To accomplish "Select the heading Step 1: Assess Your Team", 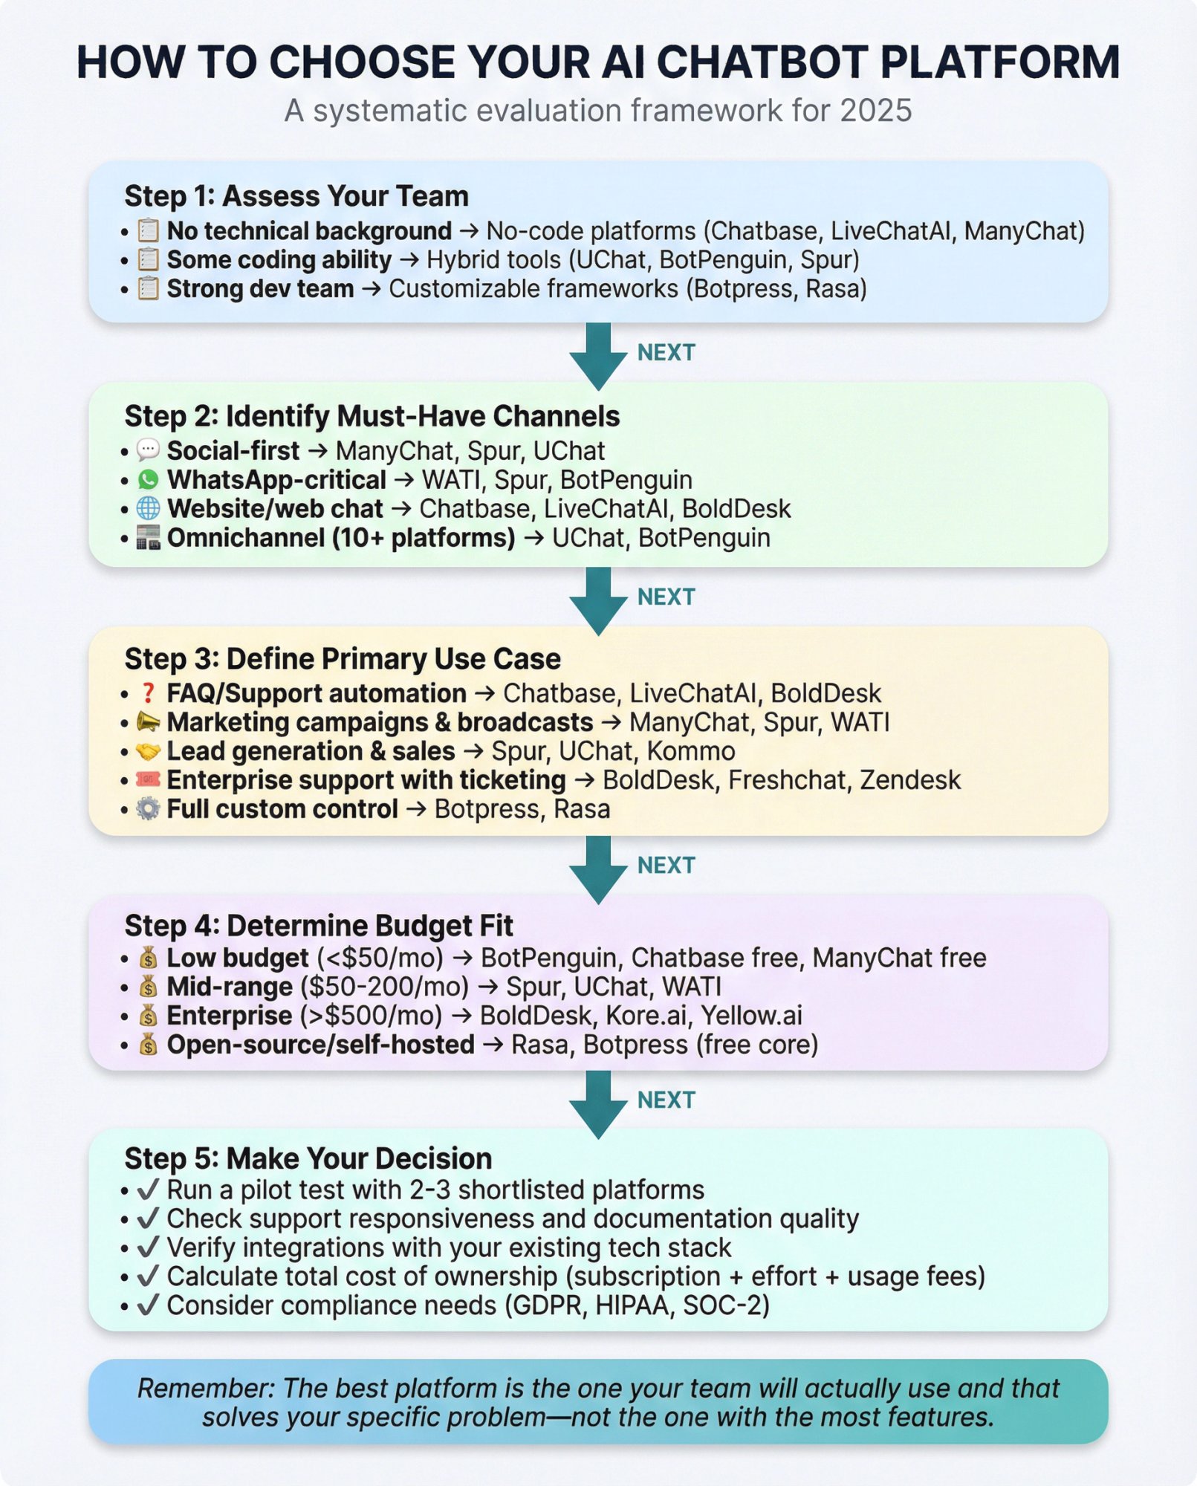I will (x=296, y=196).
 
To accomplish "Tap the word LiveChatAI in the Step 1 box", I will (x=890, y=231).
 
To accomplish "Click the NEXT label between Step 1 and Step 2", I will (x=666, y=352).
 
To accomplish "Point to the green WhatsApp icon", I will (x=149, y=480).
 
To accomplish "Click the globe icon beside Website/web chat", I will (x=149, y=509).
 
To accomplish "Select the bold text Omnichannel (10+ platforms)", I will (x=341, y=538).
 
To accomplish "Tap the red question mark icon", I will (x=148, y=693).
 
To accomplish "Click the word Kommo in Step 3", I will (x=690, y=751).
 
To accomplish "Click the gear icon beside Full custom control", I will (x=149, y=809).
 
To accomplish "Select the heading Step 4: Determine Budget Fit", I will (x=319, y=926).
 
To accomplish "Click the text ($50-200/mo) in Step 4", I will (x=384, y=987).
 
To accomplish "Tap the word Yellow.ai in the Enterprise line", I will (x=751, y=1016).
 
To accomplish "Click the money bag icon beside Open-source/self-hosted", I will (x=149, y=1045).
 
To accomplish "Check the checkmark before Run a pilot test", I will (x=149, y=1190).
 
